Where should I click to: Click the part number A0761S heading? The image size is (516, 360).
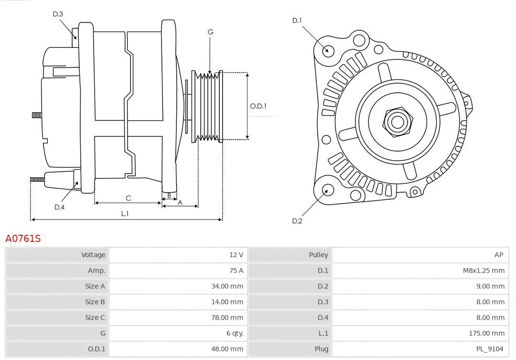pos(23,238)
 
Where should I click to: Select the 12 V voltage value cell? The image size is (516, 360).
pos(236,255)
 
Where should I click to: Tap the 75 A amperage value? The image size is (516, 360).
pos(236,271)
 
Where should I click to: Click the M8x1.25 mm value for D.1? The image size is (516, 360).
pos(484,271)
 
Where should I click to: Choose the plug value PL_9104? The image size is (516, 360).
pos(489,349)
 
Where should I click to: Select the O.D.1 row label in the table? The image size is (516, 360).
pos(97,349)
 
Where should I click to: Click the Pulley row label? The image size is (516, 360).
pos(318,255)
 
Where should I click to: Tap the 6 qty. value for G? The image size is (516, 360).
pos(233,333)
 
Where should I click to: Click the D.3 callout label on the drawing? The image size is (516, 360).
pos(58,14)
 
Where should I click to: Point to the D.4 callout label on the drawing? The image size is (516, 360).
pos(59,207)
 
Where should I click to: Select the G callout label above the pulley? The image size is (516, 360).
pos(210,32)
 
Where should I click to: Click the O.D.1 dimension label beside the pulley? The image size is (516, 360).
pos(258,106)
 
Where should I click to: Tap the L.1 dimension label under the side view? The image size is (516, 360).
pos(124,214)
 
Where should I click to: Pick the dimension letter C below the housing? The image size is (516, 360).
pos(128,198)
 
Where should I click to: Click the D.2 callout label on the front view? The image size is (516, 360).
pos(297,221)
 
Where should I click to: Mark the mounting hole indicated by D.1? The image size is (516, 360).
pos(328,50)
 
